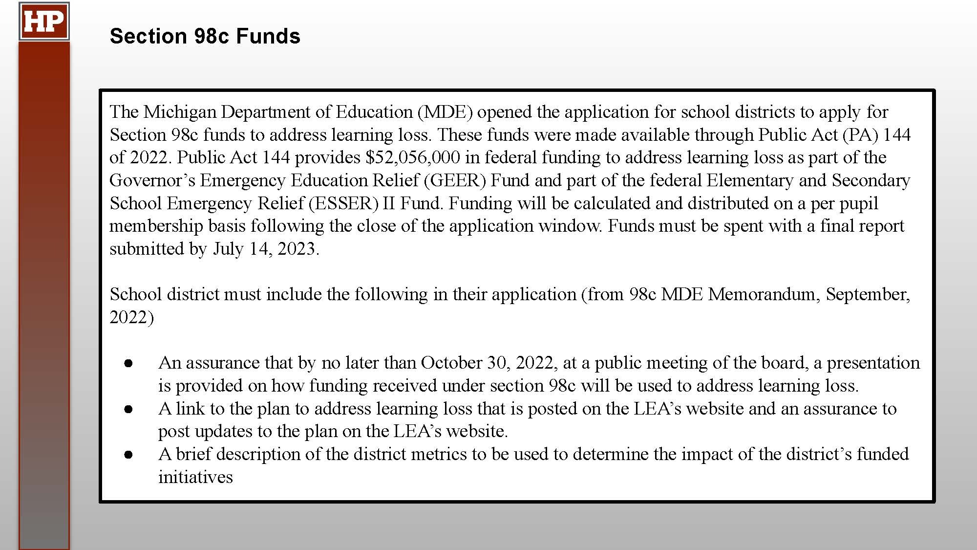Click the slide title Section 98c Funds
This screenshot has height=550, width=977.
click(205, 36)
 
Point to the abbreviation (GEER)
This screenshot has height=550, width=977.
click(455, 180)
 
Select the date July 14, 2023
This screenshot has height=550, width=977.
click(266, 249)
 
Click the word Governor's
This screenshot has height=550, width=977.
click(152, 180)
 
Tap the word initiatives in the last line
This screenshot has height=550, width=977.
click(195, 477)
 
